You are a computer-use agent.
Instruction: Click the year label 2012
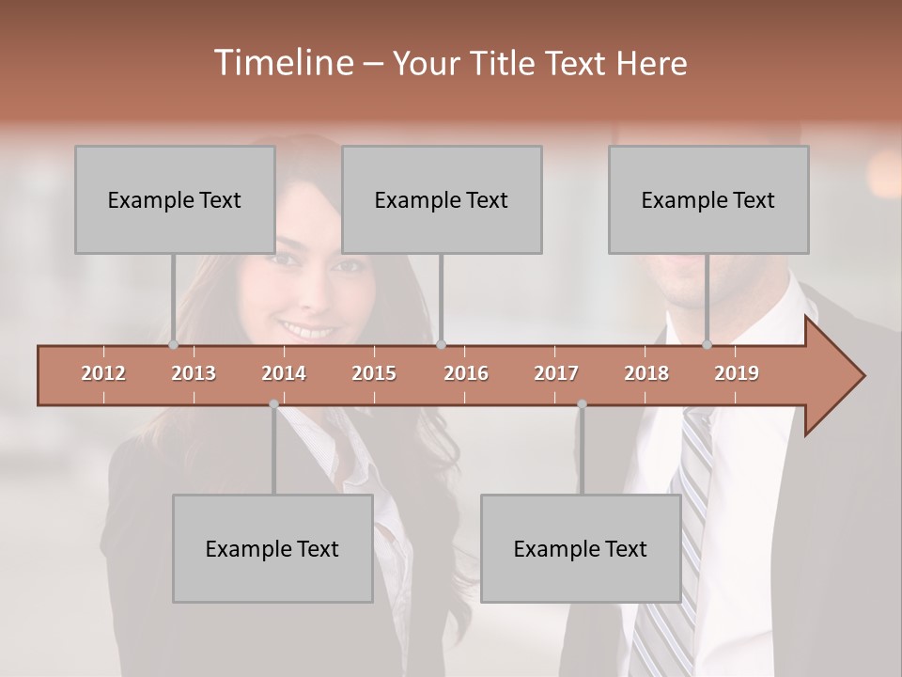103,373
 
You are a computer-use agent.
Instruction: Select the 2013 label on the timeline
194,373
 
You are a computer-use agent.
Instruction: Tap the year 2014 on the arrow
284,373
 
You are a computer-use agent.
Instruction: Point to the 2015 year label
374,373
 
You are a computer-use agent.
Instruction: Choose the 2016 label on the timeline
466,373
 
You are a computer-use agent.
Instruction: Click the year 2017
556,373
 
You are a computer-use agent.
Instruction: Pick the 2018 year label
646,373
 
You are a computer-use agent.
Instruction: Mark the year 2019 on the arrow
737,373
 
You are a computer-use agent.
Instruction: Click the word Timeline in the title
282,63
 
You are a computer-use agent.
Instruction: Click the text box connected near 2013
175,199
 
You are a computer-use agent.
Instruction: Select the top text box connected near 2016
442,199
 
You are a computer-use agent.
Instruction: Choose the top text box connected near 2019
708,199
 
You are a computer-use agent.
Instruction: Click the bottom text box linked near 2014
272,548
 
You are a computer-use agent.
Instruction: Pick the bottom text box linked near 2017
581,548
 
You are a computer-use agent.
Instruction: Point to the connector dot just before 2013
174,345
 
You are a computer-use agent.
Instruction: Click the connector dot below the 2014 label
273,404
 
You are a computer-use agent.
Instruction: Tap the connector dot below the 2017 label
582,404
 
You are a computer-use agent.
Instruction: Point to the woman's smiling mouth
310,331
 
